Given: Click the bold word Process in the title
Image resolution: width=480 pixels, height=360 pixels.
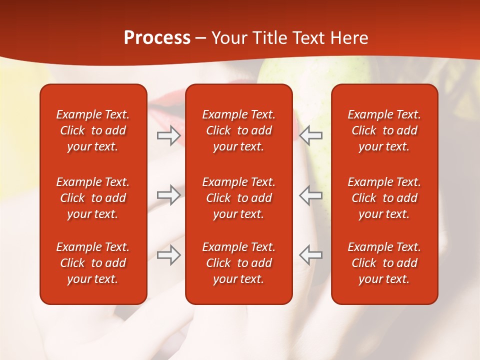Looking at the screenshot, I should click(x=157, y=38).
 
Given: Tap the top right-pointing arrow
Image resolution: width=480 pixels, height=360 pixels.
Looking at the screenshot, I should click(x=168, y=135).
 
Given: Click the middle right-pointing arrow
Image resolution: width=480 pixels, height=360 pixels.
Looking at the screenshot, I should click(x=168, y=195).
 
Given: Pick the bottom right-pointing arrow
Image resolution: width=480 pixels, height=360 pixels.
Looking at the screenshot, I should click(x=168, y=255).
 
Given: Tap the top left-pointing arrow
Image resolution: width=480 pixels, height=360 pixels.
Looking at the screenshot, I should click(x=311, y=135).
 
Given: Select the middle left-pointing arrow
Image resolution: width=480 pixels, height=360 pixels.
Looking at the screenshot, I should click(x=311, y=195).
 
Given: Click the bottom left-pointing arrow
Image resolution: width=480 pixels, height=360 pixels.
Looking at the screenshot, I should click(x=311, y=255).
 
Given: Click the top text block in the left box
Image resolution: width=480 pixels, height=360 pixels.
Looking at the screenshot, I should click(x=93, y=130).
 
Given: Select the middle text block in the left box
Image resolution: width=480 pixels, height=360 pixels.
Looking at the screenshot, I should click(x=93, y=198).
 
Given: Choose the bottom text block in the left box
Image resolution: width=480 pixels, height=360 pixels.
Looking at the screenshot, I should click(x=93, y=263).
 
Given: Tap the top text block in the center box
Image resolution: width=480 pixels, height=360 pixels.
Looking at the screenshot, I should click(x=238, y=130).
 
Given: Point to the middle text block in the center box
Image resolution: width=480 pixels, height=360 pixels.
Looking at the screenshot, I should click(x=238, y=198).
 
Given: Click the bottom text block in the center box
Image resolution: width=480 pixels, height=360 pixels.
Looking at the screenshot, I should click(x=238, y=263).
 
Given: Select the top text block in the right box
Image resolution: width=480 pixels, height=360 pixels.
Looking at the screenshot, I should click(x=384, y=130).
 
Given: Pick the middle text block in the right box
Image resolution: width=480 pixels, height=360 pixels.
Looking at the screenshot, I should click(x=384, y=198).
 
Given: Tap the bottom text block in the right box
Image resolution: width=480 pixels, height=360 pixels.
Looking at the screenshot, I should click(x=384, y=263).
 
